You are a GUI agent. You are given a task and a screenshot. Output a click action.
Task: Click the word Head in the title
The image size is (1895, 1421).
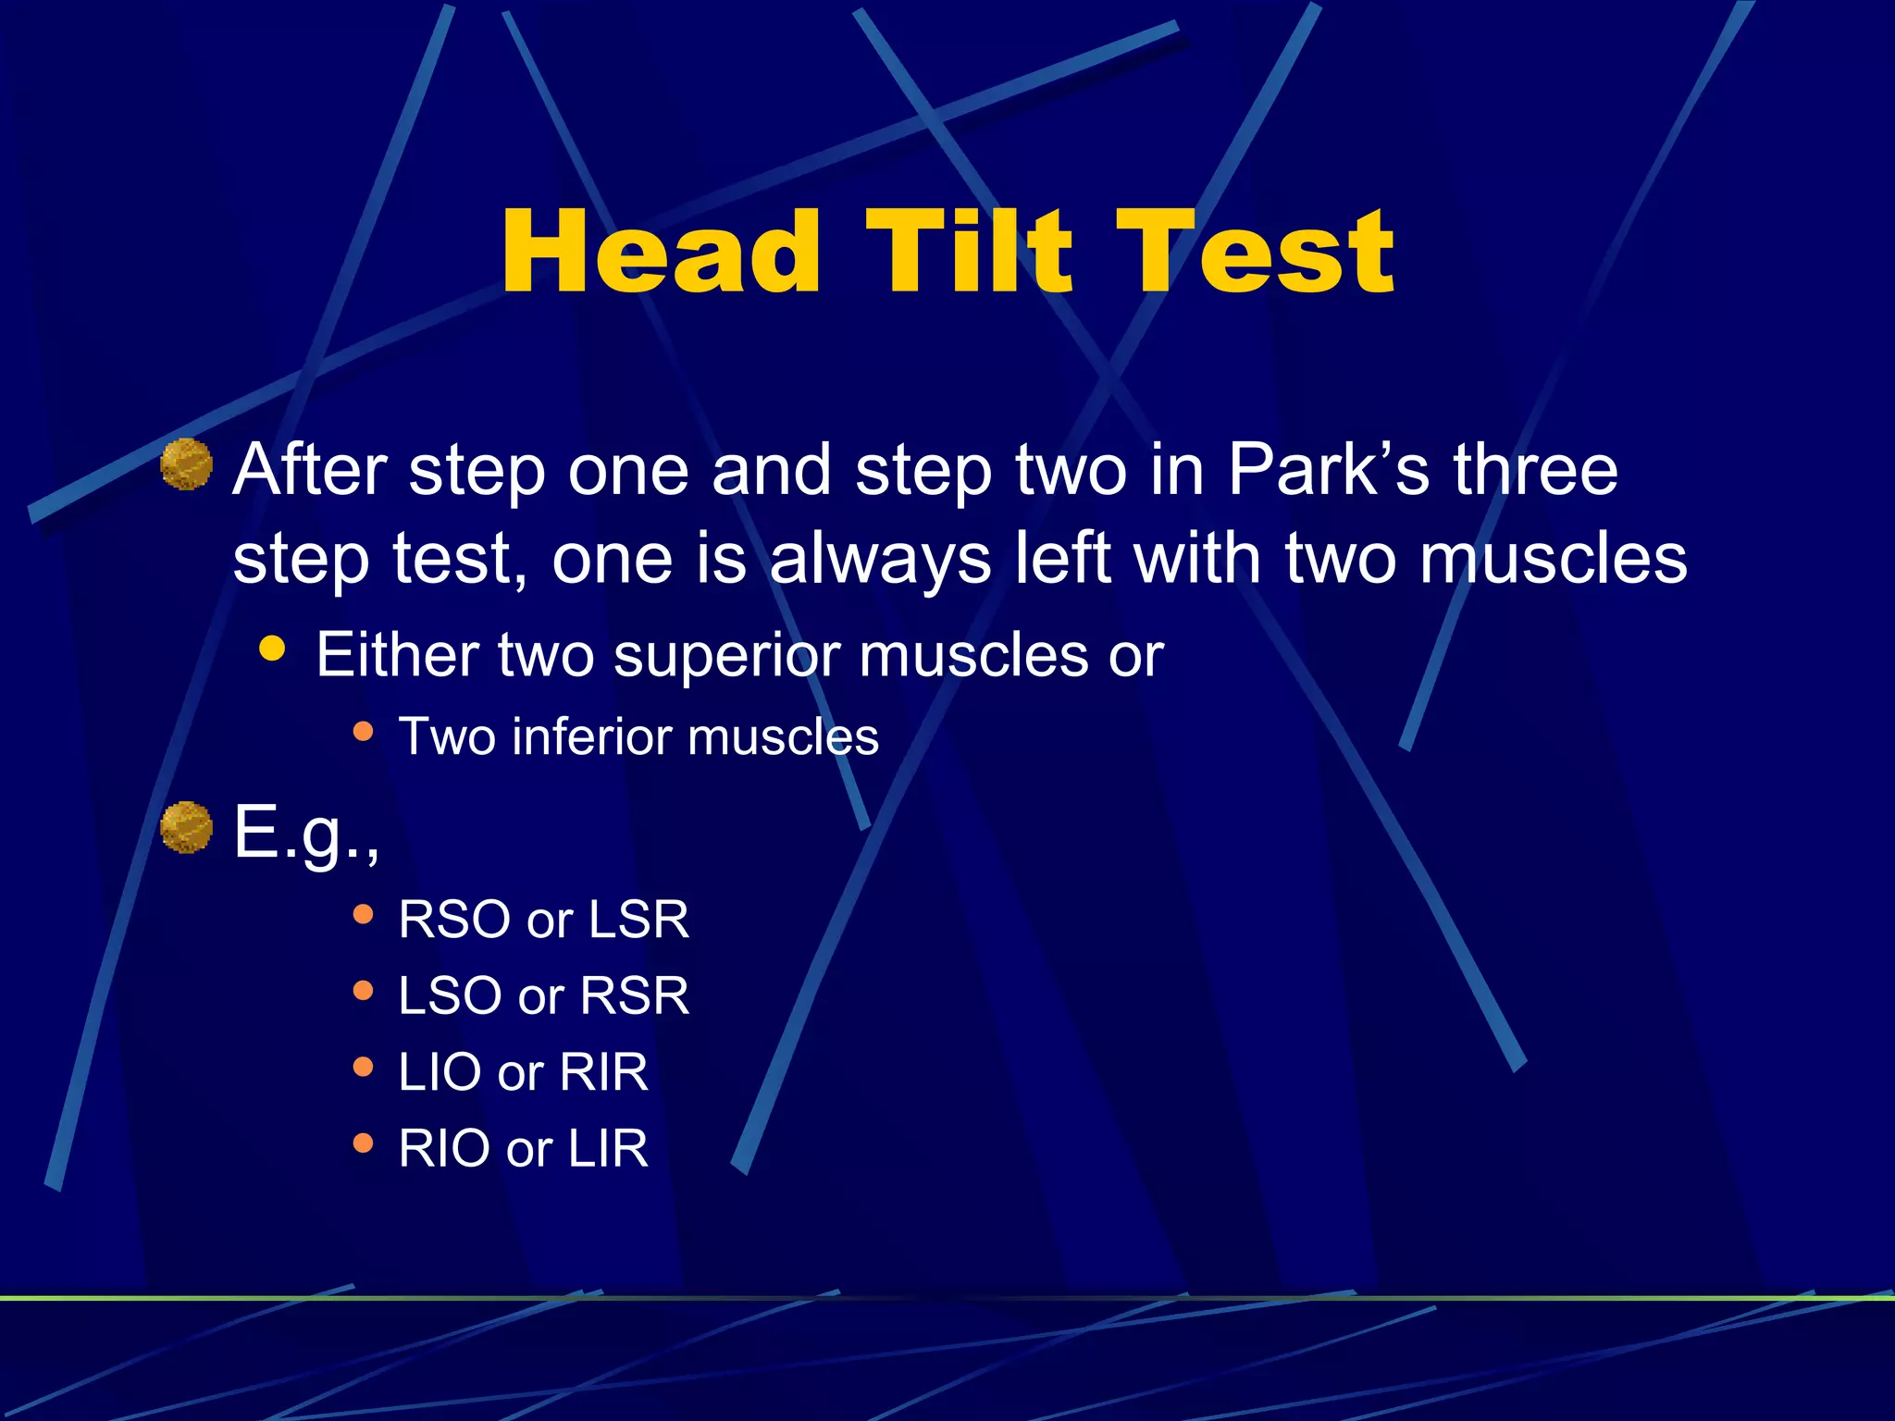661,252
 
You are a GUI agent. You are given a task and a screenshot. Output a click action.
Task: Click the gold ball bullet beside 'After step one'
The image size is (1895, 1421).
186,464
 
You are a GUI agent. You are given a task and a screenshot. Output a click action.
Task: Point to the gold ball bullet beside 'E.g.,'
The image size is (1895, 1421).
186,827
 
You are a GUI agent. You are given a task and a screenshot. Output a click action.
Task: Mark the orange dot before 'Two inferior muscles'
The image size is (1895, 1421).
363,732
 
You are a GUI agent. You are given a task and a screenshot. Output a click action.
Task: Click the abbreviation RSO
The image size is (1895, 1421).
456,920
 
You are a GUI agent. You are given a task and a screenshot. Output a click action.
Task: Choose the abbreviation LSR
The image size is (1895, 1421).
638,920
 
